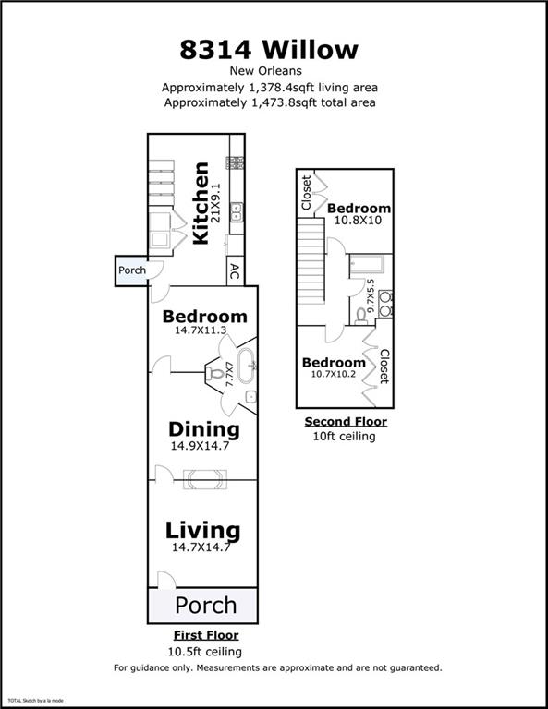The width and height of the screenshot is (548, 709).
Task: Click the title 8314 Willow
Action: pyautogui.click(x=269, y=49)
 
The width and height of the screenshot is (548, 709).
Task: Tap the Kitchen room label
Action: pyautogui.click(x=201, y=203)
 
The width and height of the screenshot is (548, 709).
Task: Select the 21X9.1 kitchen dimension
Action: pyautogui.click(x=215, y=203)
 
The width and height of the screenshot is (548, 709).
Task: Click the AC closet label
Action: pyautogui.click(x=235, y=271)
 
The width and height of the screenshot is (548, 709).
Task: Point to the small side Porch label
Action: pyautogui.click(x=132, y=270)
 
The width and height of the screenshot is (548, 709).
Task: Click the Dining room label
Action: pyautogui.click(x=204, y=429)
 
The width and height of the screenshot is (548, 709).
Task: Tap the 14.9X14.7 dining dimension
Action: pyautogui.click(x=200, y=446)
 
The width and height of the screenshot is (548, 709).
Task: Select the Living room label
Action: pyautogui.click(x=202, y=531)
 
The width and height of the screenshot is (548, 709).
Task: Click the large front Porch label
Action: pyautogui.click(x=206, y=605)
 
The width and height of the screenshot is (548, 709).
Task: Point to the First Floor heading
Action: pyautogui.click(x=206, y=635)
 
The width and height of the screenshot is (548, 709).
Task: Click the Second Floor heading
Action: pyautogui.click(x=346, y=421)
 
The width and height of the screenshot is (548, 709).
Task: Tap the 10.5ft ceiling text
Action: pyautogui.click(x=204, y=652)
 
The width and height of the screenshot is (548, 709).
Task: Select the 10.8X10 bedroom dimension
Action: pyautogui.click(x=358, y=221)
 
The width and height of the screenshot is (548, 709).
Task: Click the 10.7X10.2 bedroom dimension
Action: pyautogui.click(x=333, y=374)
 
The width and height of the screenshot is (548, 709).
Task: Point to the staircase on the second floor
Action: pyautogui.click(x=311, y=261)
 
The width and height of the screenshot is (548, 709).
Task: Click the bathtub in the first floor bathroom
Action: pyautogui.click(x=247, y=365)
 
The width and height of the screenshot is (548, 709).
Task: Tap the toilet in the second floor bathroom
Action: pyautogui.click(x=360, y=317)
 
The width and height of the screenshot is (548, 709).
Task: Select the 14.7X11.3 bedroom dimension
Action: pyautogui.click(x=201, y=330)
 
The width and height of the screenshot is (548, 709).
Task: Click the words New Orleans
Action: pyautogui.click(x=265, y=71)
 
